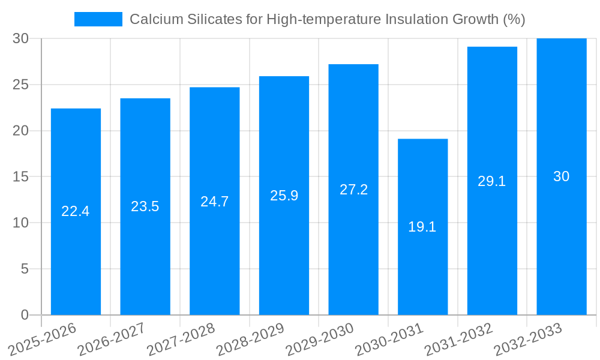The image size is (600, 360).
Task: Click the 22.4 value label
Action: [76, 211]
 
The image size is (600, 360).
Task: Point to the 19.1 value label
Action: [422, 227]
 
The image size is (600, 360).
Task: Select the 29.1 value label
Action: [492, 181]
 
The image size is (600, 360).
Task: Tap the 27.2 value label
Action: [353, 190]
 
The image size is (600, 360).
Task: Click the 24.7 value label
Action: [214, 202]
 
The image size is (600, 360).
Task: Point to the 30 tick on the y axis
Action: [20, 38]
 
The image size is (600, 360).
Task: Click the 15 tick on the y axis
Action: [20, 177]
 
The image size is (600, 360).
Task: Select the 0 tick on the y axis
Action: [25, 315]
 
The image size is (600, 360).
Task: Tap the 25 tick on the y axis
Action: [20, 85]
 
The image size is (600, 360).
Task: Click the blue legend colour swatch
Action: [98, 19]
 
